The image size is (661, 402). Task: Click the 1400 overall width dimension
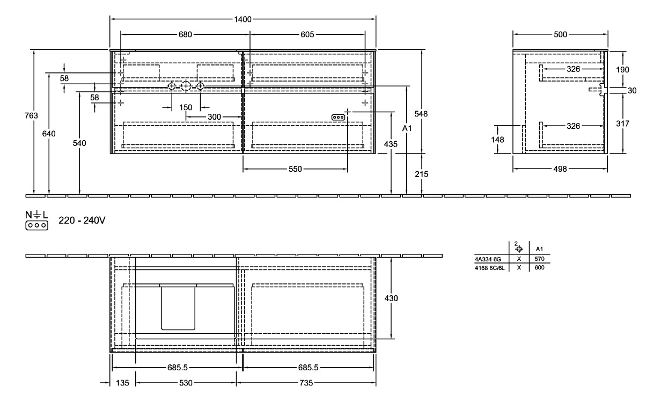tap(243, 20)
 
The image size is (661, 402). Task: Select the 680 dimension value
tap(185, 34)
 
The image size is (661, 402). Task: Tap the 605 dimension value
tap(307, 34)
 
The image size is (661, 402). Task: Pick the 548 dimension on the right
tap(423, 114)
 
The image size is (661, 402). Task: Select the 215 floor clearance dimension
tap(423, 174)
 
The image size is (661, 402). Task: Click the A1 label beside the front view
tap(407, 129)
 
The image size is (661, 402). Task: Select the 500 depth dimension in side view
tap(560, 34)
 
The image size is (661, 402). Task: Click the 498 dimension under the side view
tap(560, 169)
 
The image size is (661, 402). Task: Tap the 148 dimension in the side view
tap(498, 140)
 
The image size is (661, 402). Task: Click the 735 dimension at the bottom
tap(306, 383)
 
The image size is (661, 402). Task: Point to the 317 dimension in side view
tap(622, 123)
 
